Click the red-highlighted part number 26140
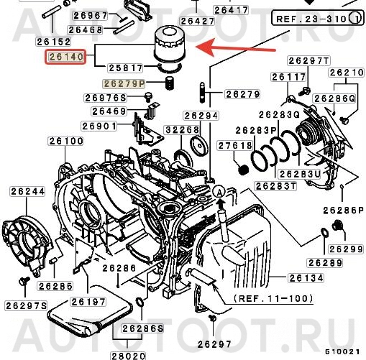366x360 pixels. click(65, 55)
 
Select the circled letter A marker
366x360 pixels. click(219, 191)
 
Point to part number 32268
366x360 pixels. click(182, 129)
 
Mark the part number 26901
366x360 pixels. click(99, 126)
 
